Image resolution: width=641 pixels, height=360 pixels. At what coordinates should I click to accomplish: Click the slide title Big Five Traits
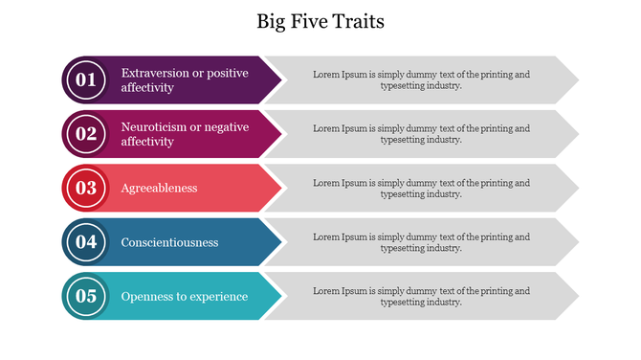coord(320,21)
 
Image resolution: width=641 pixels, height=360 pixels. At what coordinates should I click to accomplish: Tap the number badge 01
coord(86,79)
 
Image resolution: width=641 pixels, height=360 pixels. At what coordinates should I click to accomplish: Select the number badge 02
coord(86,134)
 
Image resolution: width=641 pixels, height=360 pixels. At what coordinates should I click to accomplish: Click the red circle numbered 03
coord(86,188)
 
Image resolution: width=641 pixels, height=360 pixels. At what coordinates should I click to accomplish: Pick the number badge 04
coord(86,242)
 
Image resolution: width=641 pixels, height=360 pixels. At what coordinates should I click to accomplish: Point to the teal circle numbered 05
coord(86,296)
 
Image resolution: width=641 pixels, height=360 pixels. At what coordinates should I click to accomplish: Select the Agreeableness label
coord(159,188)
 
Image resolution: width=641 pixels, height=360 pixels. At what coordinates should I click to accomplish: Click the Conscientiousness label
coord(169,242)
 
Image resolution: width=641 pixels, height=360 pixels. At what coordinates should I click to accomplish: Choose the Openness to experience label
coord(185,296)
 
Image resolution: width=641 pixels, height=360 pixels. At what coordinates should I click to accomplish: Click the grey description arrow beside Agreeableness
coord(421,188)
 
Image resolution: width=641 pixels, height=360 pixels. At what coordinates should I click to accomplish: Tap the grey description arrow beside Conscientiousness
coord(421,242)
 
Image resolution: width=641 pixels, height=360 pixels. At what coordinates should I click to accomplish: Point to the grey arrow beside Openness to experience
coord(421,296)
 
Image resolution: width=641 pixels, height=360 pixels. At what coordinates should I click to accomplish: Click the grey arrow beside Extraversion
coord(421,79)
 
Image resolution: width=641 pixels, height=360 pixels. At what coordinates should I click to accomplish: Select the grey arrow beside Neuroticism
coord(421,134)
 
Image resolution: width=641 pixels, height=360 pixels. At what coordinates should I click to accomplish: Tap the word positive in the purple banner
coord(229,73)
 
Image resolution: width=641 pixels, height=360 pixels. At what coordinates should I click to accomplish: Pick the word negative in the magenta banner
coord(228,127)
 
